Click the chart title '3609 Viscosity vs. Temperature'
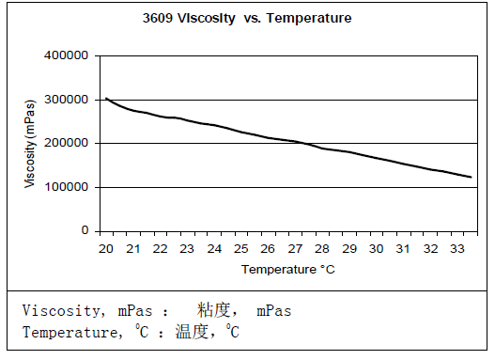pyautogui.click(x=245, y=18)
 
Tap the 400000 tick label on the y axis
pyautogui.click(x=67, y=55)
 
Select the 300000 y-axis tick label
pyautogui.click(x=67, y=100)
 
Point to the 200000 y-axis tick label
pyautogui.click(x=67, y=143)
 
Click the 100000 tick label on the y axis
pyautogui.click(x=67, y=187)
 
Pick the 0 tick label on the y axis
pyautogui.click(x=84, y=230)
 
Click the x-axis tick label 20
pyautogui.click(x=105, y=249)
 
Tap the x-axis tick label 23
pyautogui.click(x=187, y=249)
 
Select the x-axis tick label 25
pyautogui.click(x=240, y=249)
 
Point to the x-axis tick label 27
pyautogui.click(x=295, y=249)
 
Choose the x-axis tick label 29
pyautogui.click(x=349, y=249)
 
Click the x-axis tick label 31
pyautogui.click(x=404, y=249)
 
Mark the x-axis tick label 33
pyautogui.click(x=457, y=249)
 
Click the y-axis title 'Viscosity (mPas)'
pyautogui.click(x=32, y=142)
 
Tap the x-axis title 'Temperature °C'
pyautogui.click(x=287, y=270)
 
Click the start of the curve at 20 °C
pyautogui.click(x=106, y=98)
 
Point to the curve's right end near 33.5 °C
pyautogui.click(x=471, y=177)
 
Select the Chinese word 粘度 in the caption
pyautogui.click(x=214, y=309)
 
